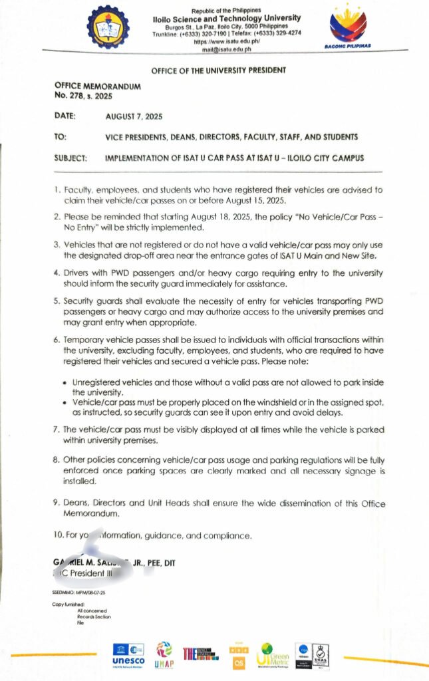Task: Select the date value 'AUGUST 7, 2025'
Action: tap(134, 116)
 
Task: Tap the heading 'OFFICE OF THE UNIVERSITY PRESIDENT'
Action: tap(219, 70)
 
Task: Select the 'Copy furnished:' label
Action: tap(69, 604)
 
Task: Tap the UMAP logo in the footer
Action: tap(163, 652)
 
